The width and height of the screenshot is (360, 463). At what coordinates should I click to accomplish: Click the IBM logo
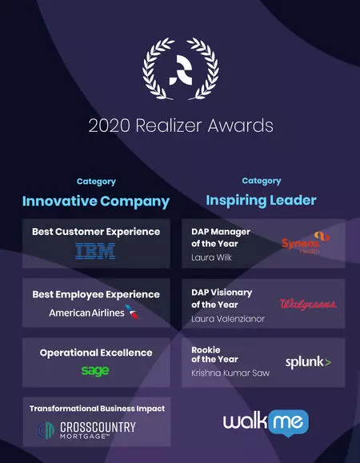pos(95,251)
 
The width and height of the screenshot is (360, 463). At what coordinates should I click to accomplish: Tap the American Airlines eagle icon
pos(133,312)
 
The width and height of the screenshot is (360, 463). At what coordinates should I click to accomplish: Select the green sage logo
pos(95,370)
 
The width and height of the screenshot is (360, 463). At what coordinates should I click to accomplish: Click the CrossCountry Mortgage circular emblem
pos(46,430)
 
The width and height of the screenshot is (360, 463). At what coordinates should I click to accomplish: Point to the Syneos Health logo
pos(306,243)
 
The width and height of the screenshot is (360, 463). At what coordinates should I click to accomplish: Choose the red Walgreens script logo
pos(308,304)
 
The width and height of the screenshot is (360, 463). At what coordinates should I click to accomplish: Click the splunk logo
pos(308,362)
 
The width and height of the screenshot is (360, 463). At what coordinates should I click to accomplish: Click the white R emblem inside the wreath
pos(181,70)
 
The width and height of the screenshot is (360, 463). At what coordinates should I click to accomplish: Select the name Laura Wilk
pos(211,257)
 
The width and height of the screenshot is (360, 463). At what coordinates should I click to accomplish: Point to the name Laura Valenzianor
pos(228,319)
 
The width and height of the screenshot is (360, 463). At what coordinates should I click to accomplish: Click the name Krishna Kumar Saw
pos(230,373)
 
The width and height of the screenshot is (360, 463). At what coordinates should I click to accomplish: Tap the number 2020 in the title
pos(110,126)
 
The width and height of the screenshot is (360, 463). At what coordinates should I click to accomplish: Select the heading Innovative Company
pos(96,202)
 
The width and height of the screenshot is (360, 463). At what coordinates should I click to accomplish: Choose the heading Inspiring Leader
pos(261,201)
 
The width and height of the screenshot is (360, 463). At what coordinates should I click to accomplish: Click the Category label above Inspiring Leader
pos(262,181)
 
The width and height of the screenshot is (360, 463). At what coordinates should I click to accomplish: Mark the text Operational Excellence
pos(96,353)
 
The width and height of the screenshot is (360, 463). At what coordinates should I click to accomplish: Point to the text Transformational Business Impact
pos(97,409)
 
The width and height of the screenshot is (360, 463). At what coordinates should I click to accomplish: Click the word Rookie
pos(206,350)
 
